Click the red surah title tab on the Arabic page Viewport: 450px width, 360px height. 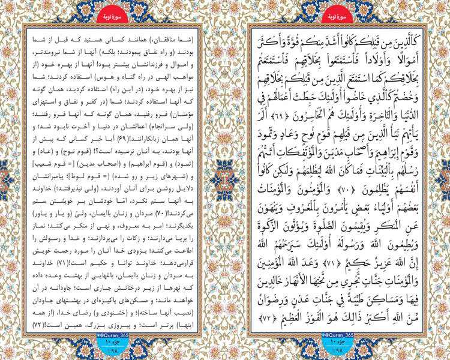[x=338, y=11]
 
